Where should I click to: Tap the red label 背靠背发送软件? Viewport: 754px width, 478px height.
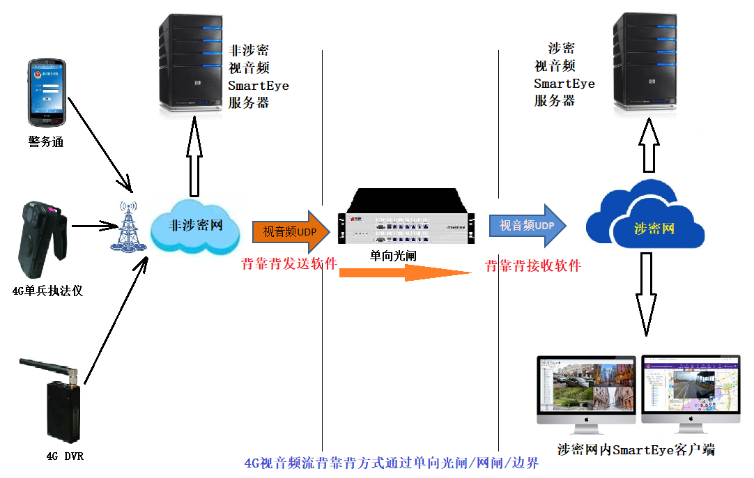point(289,264)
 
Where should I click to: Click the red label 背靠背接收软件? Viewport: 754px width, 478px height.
point(533,265)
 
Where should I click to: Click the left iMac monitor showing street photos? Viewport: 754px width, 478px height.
point(587,387)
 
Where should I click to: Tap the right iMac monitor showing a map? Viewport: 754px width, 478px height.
point(691,387)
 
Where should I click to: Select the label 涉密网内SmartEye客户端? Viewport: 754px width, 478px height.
point(636,449)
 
